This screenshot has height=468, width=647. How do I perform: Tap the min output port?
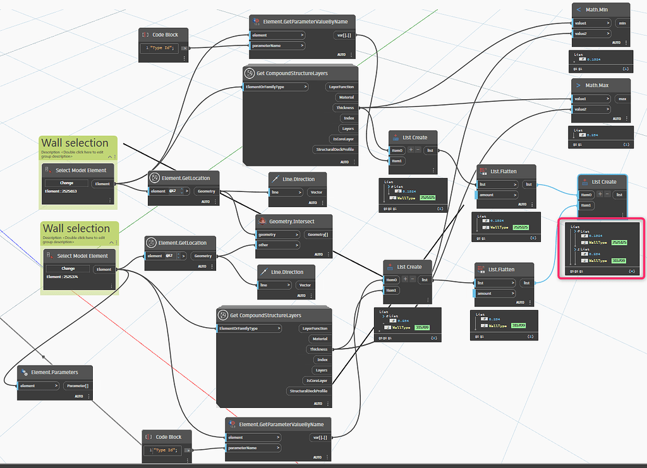coord(622,23)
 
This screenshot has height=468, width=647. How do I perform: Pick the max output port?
coord(622,99)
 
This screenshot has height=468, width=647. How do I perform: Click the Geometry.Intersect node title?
coord(291,222)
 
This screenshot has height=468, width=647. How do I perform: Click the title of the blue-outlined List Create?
coord(603,182)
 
